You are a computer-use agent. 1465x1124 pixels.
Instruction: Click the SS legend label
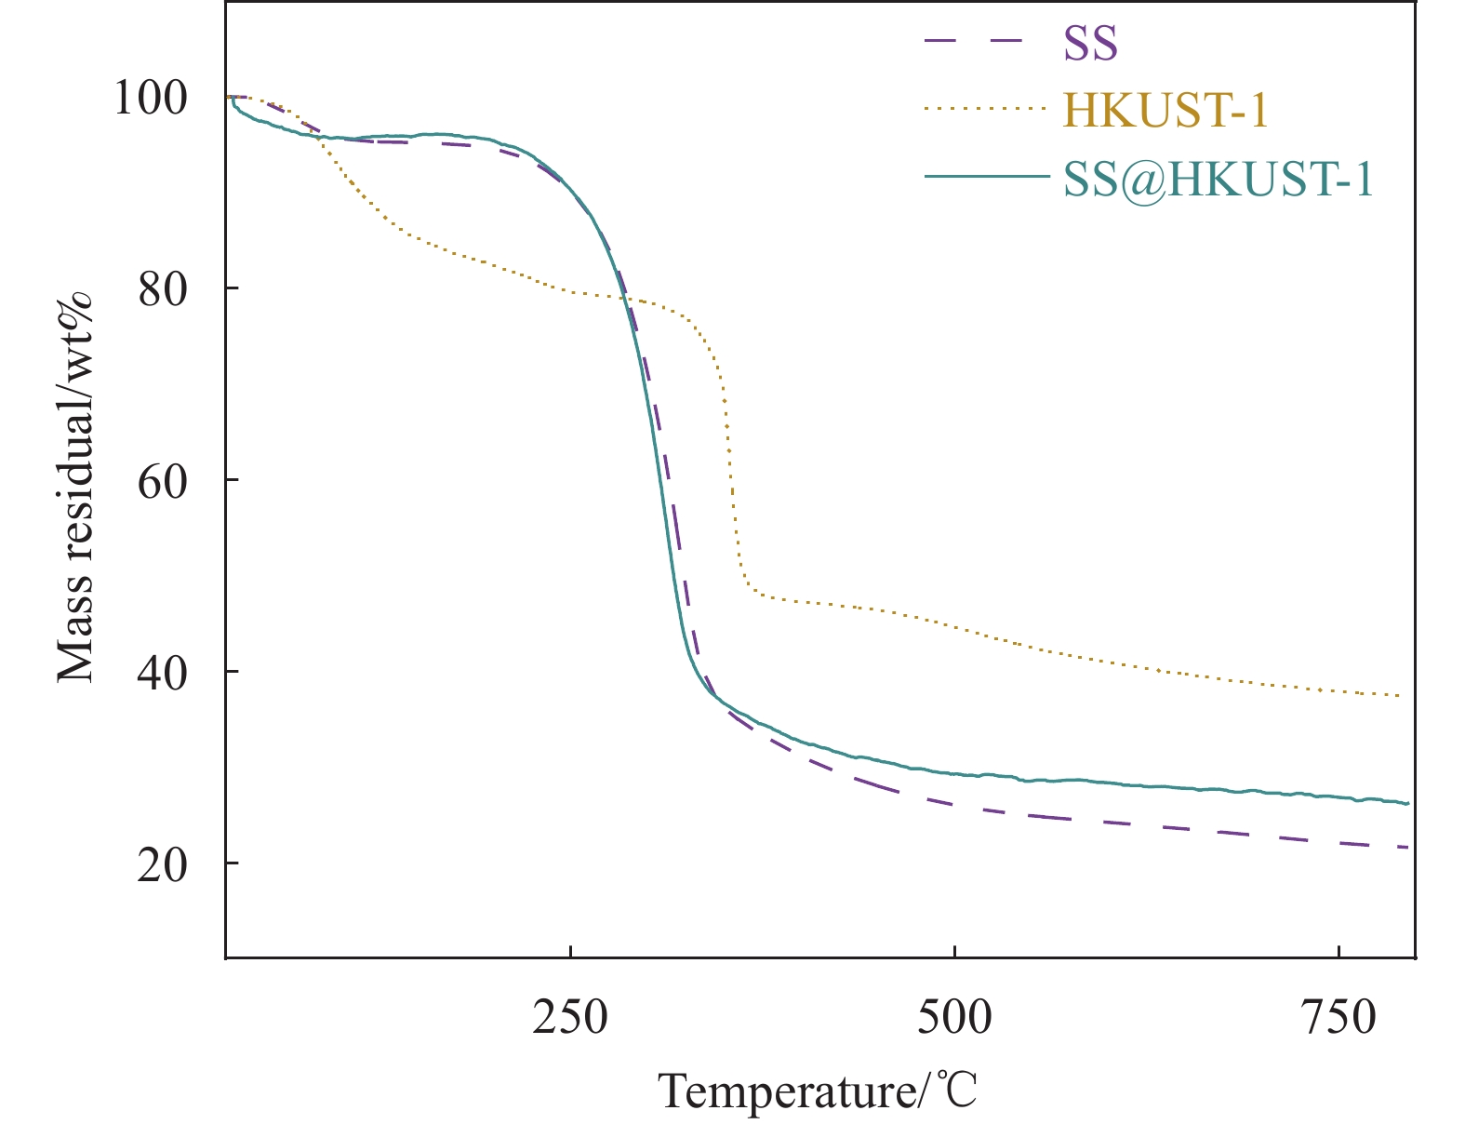tap(1090, 43)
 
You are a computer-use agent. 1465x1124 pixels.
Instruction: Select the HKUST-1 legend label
tap(1165, 111)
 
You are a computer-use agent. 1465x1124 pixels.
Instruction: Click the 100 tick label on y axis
tap(151, 97)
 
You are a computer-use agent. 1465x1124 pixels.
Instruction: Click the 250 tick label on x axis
tap(570, 1017)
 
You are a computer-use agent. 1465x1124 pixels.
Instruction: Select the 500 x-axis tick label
tap(954, 1017)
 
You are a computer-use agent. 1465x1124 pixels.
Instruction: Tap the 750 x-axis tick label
tap(1338, 1017)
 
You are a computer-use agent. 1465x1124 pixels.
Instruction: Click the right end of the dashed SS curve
tap(1408, 847)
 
